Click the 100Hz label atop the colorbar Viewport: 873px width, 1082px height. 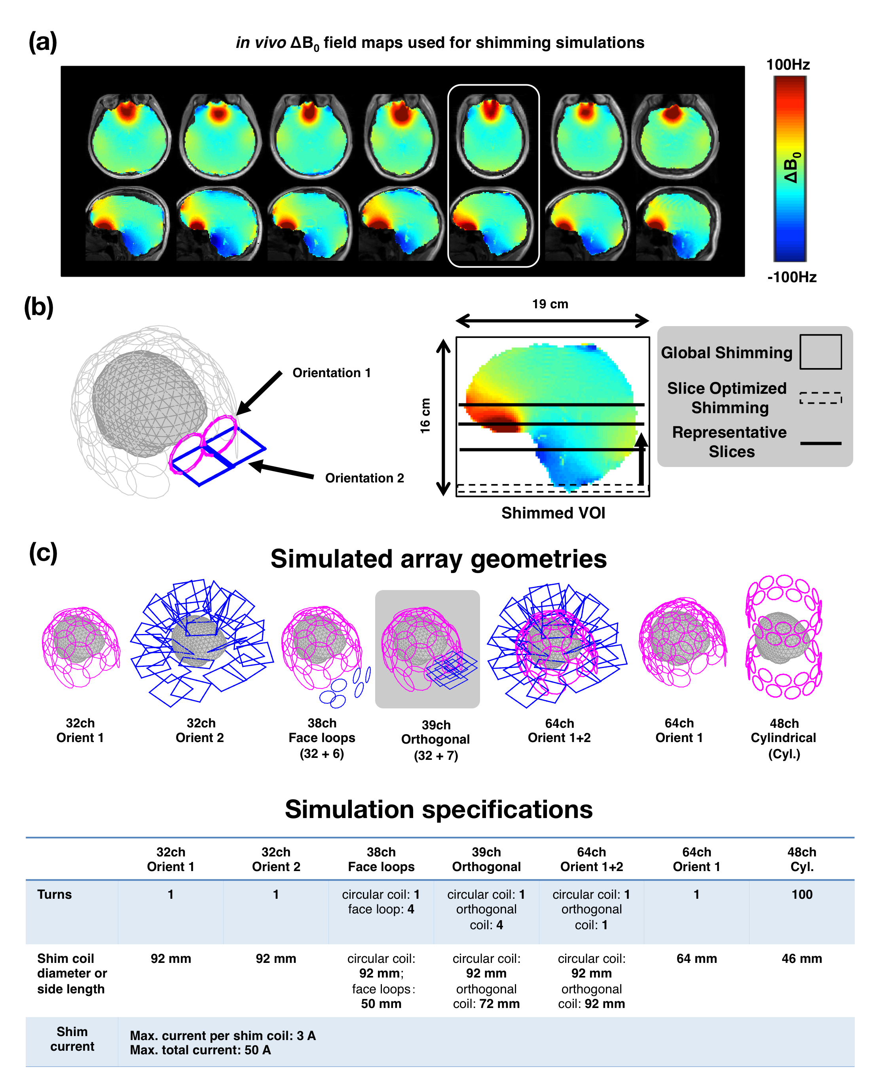788,65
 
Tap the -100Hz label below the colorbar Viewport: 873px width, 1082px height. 791,277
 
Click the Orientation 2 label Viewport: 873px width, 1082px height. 364,478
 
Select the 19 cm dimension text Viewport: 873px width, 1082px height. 550,304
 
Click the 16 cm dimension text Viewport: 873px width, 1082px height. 425,416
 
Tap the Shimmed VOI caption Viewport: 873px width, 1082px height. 553,513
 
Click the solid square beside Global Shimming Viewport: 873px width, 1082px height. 820,352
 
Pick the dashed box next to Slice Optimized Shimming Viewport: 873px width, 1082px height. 820,398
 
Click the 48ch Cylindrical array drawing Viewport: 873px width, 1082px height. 784,638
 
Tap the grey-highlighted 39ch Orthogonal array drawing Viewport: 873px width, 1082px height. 427,649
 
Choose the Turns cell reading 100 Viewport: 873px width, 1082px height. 802,894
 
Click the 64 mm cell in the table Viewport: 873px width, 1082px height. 697,959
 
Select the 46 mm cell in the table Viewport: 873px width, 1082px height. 802,959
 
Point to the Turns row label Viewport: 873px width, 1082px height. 54,894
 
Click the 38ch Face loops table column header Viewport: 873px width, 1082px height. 381,859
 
